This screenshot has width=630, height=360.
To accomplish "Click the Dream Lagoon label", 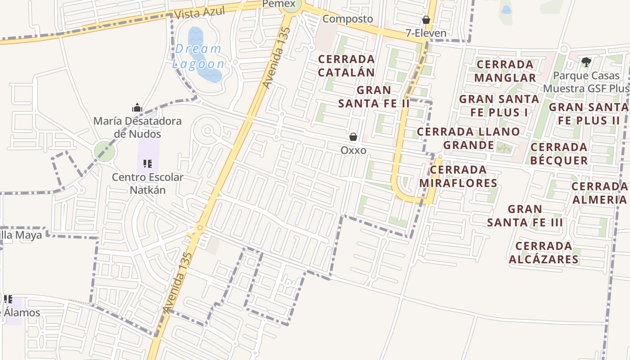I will [x=198, y=56].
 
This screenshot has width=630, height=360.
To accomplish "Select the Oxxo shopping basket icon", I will [x=353, y=137].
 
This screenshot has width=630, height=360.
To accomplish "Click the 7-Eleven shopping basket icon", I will [x=426, y=20].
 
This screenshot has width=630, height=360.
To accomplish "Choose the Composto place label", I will [x=348, y=19].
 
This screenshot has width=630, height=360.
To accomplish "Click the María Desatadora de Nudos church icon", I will [x=137, y=108].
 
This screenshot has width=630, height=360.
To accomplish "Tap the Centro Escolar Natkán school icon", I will [x=148, y=164].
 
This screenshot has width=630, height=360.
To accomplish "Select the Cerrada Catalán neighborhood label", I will [x=346, y=66].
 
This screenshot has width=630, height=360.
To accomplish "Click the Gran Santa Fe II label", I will [x=374, y=97].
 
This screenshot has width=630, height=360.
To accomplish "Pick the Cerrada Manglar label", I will [x=505, y=71].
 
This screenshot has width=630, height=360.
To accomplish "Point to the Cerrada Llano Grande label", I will [x=468, y=139].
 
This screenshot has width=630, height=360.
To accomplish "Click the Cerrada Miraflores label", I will [x=458, y=176].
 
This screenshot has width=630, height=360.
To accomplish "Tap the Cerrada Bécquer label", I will [x=559, y=154].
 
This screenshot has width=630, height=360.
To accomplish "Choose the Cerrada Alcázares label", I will [x=544, y=253].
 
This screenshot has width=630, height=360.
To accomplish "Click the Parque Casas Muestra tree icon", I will [x=586, y=62].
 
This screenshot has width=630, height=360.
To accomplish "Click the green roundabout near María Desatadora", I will [x=104, y=151].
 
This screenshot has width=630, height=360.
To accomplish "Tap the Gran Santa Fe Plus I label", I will [x=499, y=105].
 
